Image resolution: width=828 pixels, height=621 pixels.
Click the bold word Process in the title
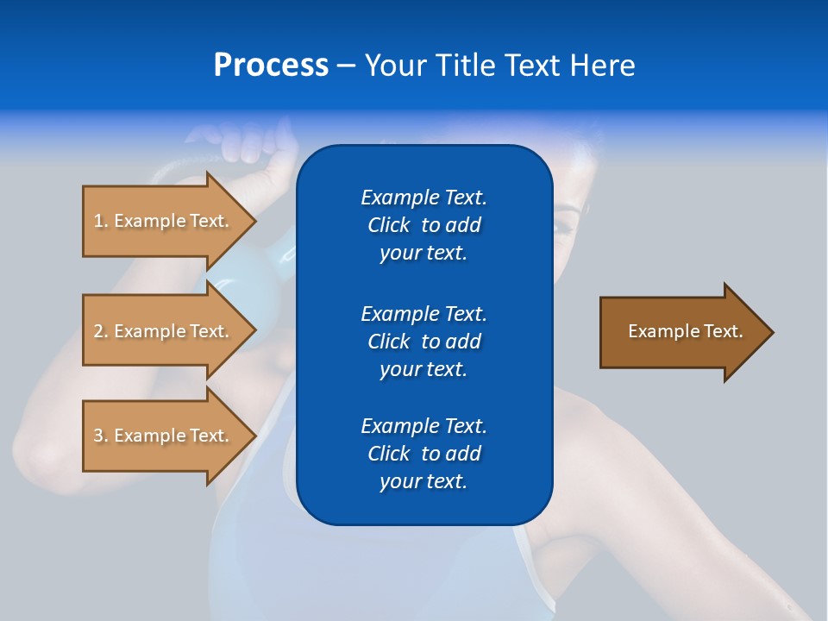pos(271,66)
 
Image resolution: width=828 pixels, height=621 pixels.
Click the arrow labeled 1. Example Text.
pos(160,221)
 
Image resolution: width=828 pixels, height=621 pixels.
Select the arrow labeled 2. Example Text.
pos(160,331)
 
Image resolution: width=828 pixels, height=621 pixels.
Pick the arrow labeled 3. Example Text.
pos(160,436)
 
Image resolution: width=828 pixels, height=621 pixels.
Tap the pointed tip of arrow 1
pos(254,221)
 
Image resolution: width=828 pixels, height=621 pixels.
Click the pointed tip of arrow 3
pos(254,436)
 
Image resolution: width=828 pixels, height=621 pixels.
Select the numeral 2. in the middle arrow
pos(101,331)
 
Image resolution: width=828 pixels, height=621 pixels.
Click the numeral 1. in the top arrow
pos(101,221)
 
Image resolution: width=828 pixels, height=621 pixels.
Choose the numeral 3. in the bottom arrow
pos(101,436)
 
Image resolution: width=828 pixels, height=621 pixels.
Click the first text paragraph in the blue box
pos(423,225)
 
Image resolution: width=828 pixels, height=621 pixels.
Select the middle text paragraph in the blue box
pos(423,342)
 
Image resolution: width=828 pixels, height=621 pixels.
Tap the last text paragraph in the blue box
pos(423,454)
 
